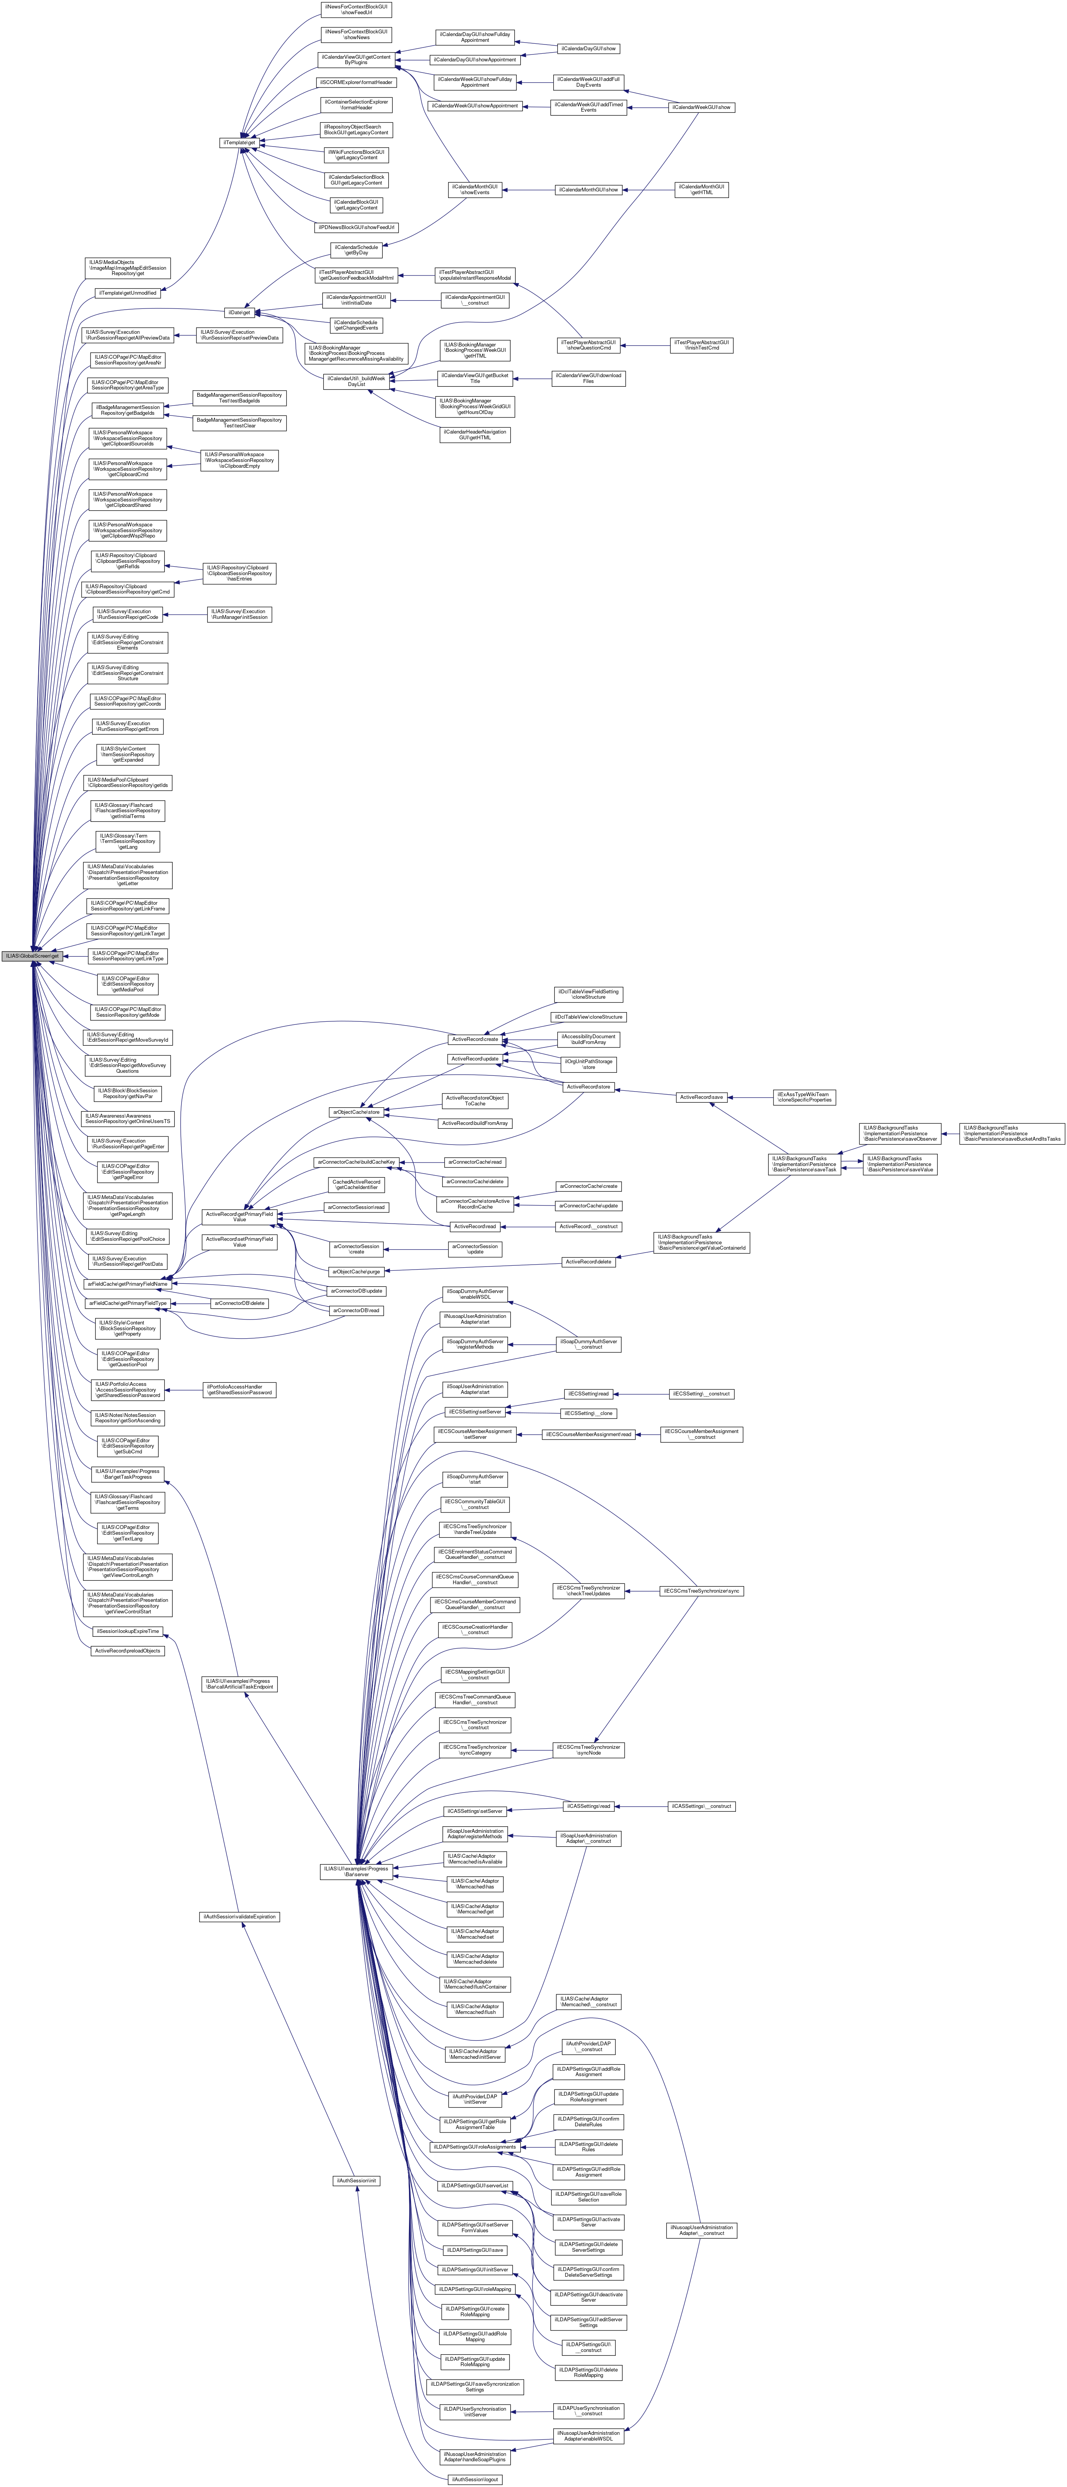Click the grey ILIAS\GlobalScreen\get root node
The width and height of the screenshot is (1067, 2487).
click(32, 956)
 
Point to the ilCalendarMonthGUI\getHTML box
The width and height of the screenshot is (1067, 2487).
click(702, 190)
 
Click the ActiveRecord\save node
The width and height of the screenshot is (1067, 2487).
click(702, 1097)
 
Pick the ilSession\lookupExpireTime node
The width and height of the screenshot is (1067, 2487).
click(127, 1631)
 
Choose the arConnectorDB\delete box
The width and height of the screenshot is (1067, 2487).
click(239, 1303)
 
